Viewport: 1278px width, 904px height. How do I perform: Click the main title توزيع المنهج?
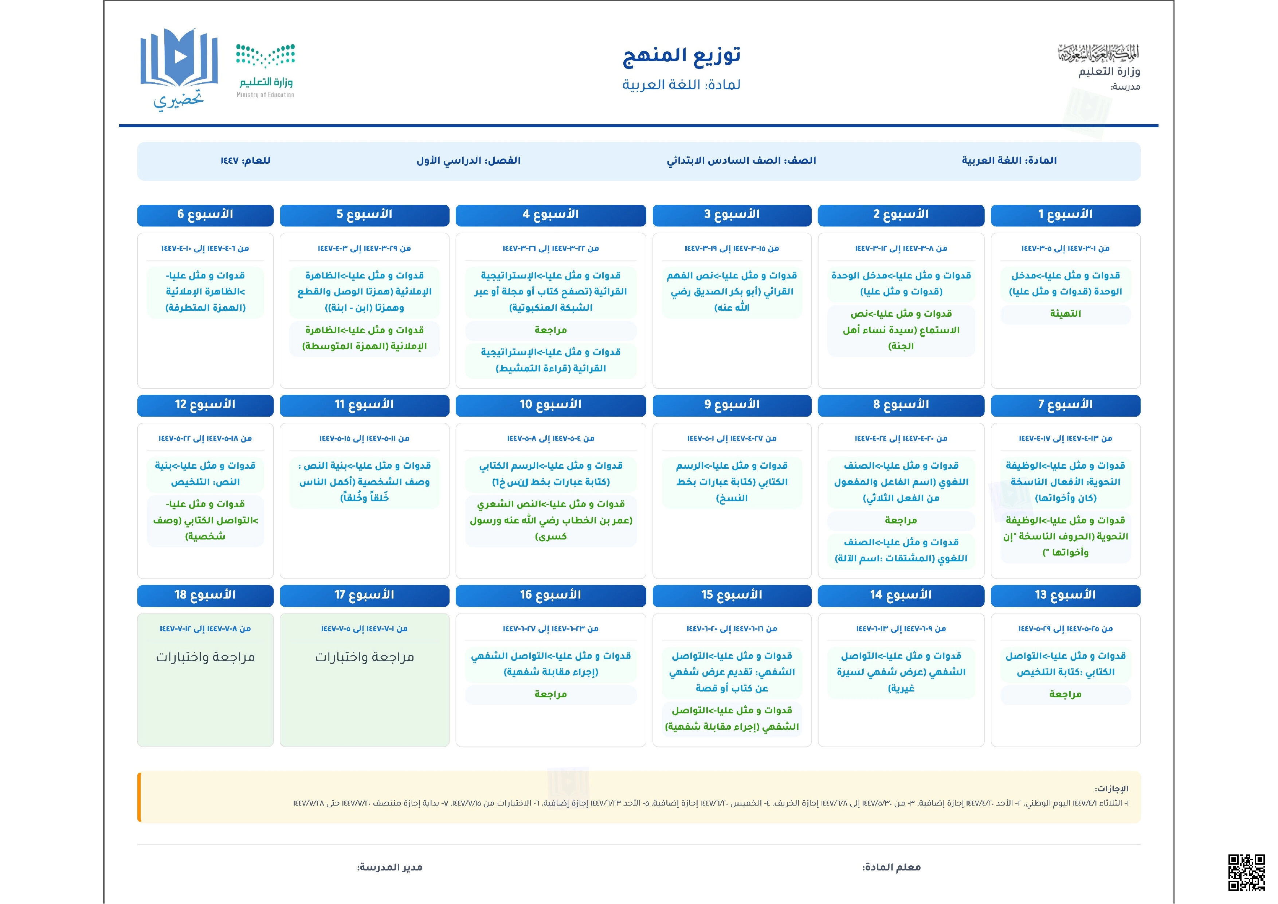pos(681,55)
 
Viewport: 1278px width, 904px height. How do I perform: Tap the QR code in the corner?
pos(1246,872)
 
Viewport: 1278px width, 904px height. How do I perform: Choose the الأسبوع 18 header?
pos(205,595)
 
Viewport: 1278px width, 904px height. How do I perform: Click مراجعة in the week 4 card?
pos(550,330)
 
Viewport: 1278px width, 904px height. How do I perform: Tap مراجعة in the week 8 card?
pos(901,520)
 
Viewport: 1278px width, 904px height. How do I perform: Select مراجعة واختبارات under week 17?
pos(365,657)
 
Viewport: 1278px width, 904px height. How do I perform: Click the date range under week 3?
pos(732,249)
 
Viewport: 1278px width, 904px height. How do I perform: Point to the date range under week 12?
pos(205,439)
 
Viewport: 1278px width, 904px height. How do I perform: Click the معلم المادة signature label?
pos(891,867)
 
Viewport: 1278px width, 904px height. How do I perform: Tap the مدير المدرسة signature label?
pos(390,867)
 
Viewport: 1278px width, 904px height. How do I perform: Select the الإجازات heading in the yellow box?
pos(1111,789)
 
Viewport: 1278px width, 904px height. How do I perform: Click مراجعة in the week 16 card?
pos(550,694)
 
